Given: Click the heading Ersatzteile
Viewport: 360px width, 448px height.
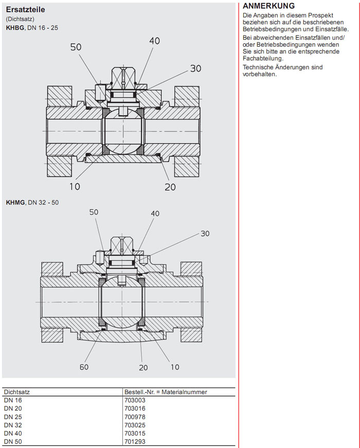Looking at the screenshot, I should tap(26, 9).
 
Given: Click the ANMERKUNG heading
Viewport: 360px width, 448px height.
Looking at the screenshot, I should tap(268, 6).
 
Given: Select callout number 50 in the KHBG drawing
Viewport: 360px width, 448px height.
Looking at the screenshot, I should tap(76, 47).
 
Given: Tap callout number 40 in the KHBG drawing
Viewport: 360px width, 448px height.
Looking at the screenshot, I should tap(154, 41).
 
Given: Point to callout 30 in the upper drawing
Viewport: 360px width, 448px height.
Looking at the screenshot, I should tap(195, 68).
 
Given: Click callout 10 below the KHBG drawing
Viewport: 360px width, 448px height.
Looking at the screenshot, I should tap(75, 186).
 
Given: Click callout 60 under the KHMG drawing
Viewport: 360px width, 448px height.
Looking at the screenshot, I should tap(83, 367).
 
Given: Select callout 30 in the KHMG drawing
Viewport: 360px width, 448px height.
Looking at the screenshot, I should tap(205, 234).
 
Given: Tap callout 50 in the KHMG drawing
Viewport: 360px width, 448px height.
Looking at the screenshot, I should tap(94, 212).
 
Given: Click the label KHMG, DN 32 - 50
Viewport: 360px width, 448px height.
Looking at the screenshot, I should tap(32, 203).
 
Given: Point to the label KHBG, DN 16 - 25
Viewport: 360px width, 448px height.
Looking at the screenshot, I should tap(32, 28).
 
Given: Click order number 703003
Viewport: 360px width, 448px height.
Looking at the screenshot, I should tap(134, 400).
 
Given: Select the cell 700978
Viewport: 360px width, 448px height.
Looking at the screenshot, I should tap(134, 416).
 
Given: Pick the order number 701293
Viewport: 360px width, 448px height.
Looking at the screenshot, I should tap(134, 441).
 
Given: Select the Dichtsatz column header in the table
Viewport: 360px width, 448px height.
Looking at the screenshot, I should tap(16, 392).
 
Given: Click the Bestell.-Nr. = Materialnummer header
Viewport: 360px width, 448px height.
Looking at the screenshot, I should tap(166, 392).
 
